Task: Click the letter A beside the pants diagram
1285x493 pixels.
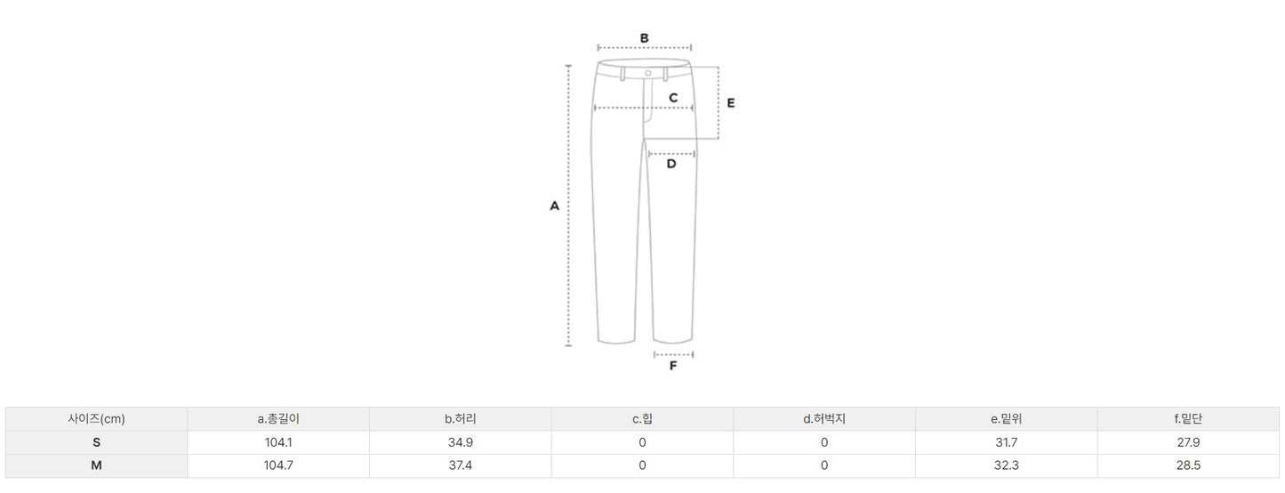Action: pos(554,206)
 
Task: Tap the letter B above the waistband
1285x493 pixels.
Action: pos(644,38)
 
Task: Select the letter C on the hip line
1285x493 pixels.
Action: pos(673,98)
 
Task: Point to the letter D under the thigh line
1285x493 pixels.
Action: pos(671,164)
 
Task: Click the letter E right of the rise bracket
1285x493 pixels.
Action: pos(731,102)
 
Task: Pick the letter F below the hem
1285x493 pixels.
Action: pos(673,366)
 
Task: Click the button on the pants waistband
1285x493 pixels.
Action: pos(647,73)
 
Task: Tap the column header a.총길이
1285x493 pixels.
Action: pos(278,419)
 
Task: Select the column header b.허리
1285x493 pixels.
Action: pos(460,419)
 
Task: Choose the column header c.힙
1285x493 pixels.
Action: pos(642,419)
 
